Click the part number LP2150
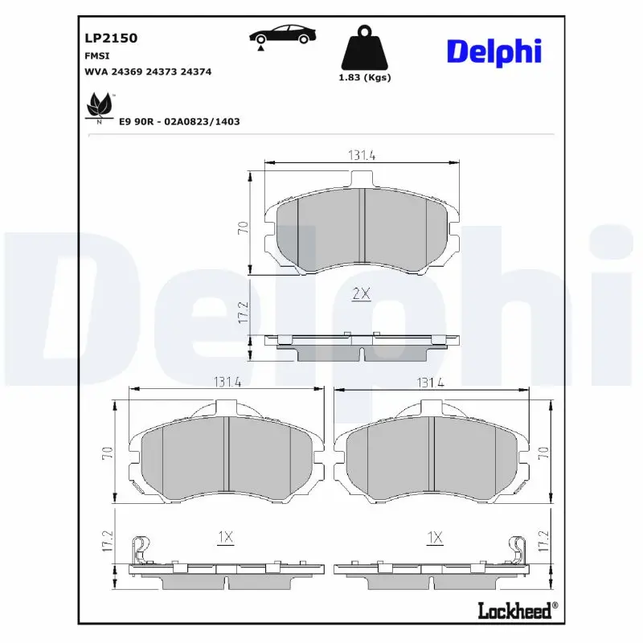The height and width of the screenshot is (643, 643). coord(111,38)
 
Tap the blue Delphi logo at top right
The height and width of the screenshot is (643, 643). coord(494,51)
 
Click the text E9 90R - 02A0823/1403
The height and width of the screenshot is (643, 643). coord(179,121)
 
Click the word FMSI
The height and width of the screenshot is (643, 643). coord(97,55)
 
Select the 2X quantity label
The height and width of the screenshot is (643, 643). coord(361,295)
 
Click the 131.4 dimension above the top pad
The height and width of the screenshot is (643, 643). coord(361,156)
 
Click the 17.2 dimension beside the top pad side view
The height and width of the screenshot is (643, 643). coord(241,313)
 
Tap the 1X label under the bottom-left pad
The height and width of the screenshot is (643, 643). coord(224,536)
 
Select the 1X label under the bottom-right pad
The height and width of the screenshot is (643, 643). coord(435,536)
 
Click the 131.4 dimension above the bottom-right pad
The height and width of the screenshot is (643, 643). coord(430,383)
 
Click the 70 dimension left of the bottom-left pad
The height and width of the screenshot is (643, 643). coord(107,454)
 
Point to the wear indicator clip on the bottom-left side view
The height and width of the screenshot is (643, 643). coord(141,548)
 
